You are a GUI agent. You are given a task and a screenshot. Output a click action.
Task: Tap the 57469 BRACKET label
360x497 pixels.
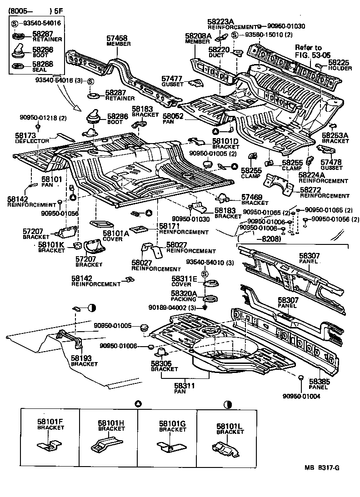pyautogui.click(x=255, y=199)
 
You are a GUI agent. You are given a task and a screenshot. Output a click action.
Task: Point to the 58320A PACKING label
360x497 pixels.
pyautogui.click(x=184, y=296)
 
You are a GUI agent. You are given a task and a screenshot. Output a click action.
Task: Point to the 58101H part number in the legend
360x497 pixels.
pyautogui.click(x=111, y=422)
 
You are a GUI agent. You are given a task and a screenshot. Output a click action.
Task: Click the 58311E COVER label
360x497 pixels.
pyautogui.click(x=184, y=281)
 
